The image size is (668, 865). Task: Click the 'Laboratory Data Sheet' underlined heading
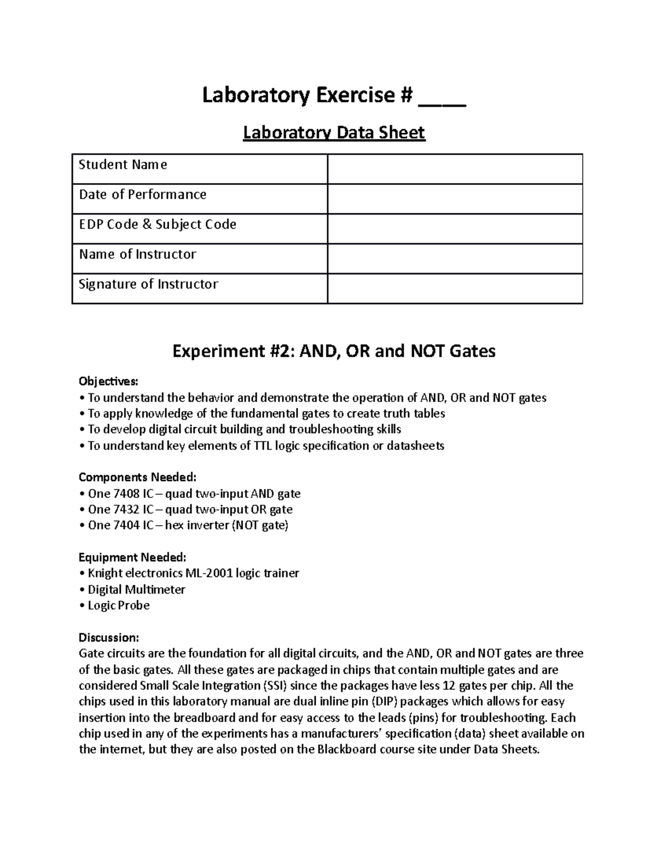tap(334, 133)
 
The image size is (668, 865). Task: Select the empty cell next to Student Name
tap(455, 169)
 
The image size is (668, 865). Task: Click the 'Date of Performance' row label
tap(143, 194)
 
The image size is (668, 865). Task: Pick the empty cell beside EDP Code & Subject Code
tap(455, 229)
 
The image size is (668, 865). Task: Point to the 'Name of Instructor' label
tap(137, 254)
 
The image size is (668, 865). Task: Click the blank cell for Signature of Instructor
tap(455, 289)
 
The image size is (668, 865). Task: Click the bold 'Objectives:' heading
tap(108, 382)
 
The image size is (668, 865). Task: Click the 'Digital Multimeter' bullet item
tap(136, 589)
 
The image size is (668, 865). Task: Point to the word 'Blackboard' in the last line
tap(346, 749)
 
